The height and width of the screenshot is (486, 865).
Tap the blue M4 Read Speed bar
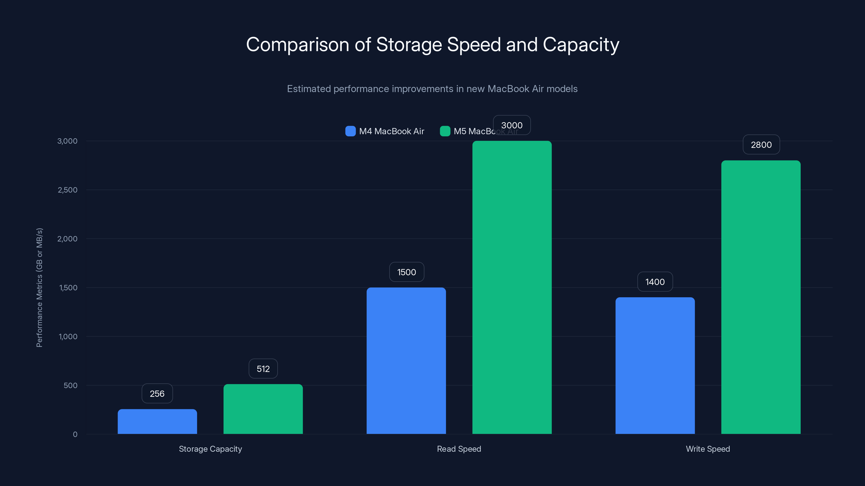coord(406,360)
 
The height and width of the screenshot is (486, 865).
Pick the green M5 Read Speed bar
coord(512,288)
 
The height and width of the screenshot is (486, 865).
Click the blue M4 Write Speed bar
coord(655,366)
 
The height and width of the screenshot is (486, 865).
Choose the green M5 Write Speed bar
coord(761,297)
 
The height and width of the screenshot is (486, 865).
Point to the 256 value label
coord(157,393)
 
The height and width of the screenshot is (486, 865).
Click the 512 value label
coord(263,369)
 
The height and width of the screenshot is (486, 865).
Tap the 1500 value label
coord(406,272)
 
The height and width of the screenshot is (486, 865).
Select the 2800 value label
coord(761,144)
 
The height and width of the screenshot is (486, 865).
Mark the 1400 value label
coord(655,282)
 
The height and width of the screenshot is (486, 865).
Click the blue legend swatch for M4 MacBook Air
coord(350,131)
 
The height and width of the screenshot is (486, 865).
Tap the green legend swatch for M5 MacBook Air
coord(445,131)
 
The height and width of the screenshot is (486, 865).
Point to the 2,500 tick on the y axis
coord(68,190)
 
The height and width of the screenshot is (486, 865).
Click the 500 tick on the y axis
coord(71,385)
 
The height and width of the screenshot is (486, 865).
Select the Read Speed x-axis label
coord(459,449)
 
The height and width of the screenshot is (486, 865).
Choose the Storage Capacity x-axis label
coord(210,449)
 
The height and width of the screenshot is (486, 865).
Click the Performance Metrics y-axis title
coord(39,288)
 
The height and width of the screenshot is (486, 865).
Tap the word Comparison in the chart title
coord(298,45)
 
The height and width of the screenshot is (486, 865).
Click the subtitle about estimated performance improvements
coord(432,89)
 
